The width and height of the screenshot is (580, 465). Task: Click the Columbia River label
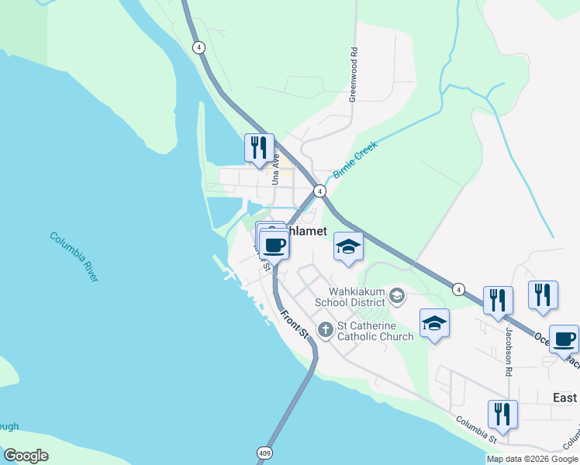[x=74, y=257]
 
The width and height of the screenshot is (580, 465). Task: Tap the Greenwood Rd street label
[x=353, y=76]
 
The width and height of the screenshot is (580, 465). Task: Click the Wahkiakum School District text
[x=346, y=296]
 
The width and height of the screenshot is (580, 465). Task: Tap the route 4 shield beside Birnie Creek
[x=318, y=191]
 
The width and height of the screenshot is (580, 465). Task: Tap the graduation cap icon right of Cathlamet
[x=348, y=247]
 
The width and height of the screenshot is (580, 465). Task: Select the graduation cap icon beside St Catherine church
[x=434, y=322]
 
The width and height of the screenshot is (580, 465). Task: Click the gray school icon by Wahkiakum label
[x=397, y=294]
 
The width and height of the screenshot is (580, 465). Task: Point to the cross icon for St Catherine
[x=325, y=330]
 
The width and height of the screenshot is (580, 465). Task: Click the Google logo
[x=26, y=456]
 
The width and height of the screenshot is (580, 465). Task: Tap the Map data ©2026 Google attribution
[x=531, y=459]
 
